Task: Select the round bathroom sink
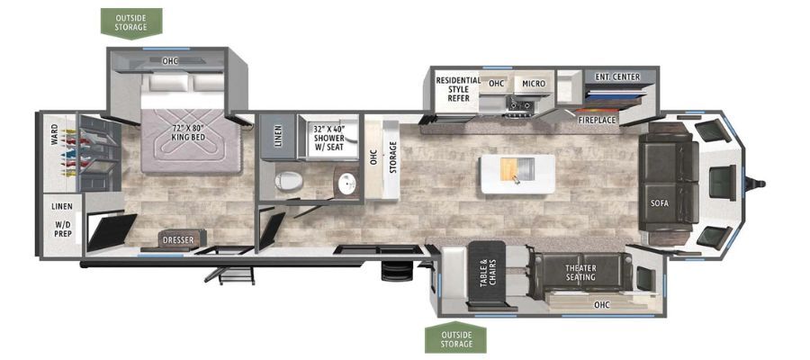click(346, 183)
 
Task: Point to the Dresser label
click(178, 240)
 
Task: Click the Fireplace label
click(598, 120)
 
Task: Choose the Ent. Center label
click(617, 77)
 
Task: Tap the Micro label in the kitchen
click(534, 84)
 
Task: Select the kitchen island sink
click(520, 169)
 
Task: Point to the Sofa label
click(660, 203)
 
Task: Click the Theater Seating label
click(580, 273)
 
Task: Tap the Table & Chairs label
click(488, 272)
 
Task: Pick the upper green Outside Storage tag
click(131, 23)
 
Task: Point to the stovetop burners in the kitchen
click(520, 105)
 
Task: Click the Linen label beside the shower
click(278, 137)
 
